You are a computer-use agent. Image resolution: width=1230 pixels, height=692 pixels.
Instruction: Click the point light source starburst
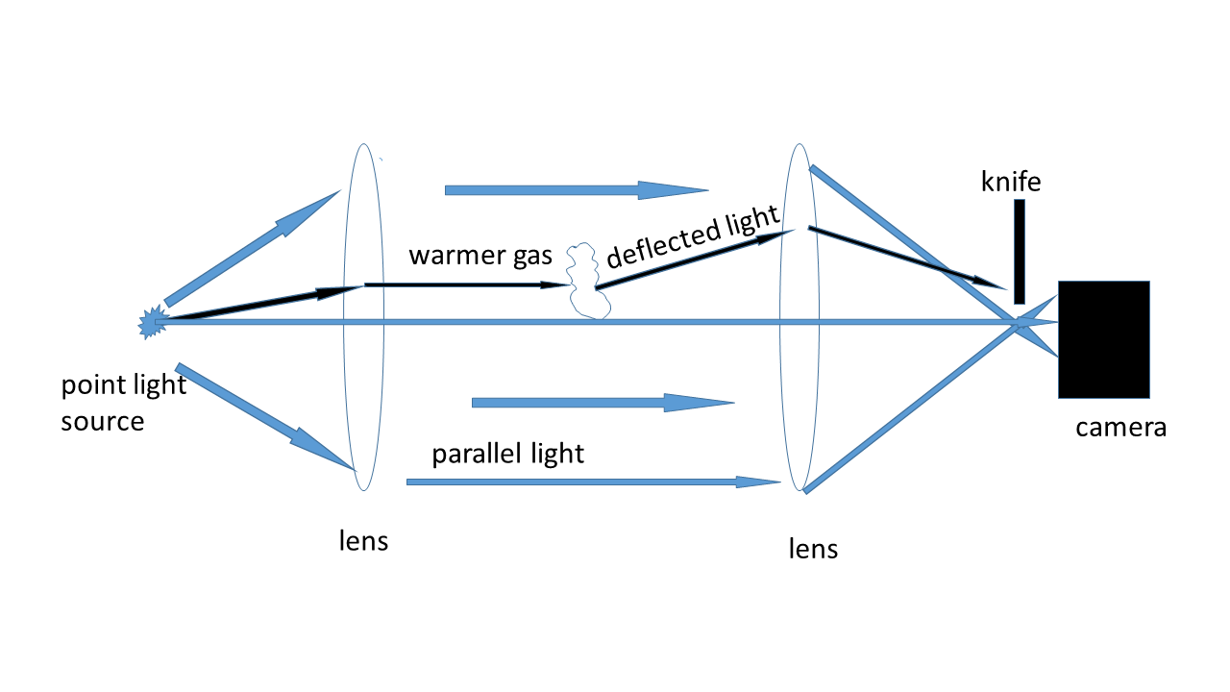(x=153, y=323)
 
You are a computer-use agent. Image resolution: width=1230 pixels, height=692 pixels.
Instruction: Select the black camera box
(x=1103, y=339)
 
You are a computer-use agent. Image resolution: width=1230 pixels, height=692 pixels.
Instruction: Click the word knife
(x=1011, y=181)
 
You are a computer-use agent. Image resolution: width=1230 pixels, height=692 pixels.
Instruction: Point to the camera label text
(x=1120, y=427)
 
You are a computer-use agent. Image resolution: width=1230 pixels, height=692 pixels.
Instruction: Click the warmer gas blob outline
(x=587, y=282)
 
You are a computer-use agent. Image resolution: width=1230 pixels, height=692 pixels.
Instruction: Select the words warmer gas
(x=480, y=256)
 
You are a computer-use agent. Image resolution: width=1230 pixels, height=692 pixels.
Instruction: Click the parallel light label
(x=507, y=454)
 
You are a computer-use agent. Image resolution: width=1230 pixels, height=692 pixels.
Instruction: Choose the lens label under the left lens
(x=364, y=540)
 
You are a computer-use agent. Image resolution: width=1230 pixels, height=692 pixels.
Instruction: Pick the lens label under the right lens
(x=813, y=549)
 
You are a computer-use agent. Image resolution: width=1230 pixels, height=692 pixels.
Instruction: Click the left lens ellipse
(x=364, y=317)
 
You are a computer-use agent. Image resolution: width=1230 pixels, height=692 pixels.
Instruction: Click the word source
(x=103, y=422)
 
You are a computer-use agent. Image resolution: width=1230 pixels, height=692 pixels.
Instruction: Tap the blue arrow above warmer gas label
(x=577, y=190)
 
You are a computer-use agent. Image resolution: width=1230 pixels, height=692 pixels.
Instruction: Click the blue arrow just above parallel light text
(x=603, y=403)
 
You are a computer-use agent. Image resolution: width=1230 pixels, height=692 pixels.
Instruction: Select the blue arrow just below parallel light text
(x=593, y=482)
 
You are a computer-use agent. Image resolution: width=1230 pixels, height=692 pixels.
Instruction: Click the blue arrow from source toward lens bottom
(x=265, y=417)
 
